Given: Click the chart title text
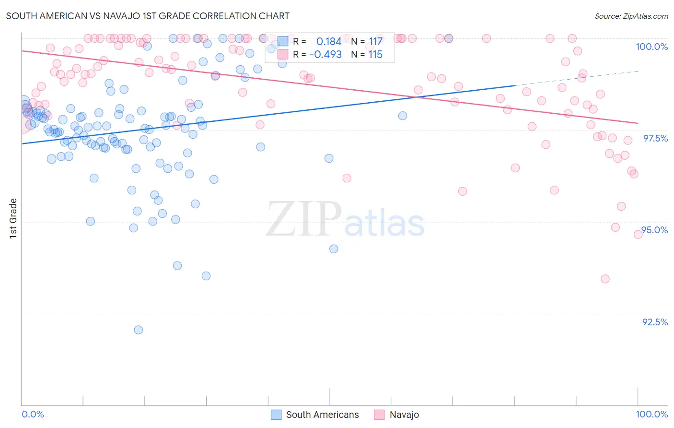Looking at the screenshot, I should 148,16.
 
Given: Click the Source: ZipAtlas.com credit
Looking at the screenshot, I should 631,16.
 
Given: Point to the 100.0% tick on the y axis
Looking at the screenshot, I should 651,47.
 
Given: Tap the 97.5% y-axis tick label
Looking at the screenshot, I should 655,138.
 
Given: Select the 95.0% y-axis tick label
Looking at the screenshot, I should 655,230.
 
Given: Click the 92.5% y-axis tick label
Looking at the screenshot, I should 655,322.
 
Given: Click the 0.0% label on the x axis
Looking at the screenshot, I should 33,414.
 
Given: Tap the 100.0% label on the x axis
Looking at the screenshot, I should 651,414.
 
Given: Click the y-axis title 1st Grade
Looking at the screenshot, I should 13,218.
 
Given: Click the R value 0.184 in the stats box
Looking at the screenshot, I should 329,42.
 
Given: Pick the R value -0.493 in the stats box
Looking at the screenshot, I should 325,55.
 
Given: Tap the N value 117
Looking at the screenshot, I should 375,42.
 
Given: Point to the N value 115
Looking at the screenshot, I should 375,55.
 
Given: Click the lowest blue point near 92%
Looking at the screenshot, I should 139,330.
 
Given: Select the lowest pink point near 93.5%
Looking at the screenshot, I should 605,279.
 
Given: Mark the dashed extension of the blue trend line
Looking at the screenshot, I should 575,78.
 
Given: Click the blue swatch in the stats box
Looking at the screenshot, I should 283,42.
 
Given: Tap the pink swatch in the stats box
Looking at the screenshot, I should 283,55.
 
